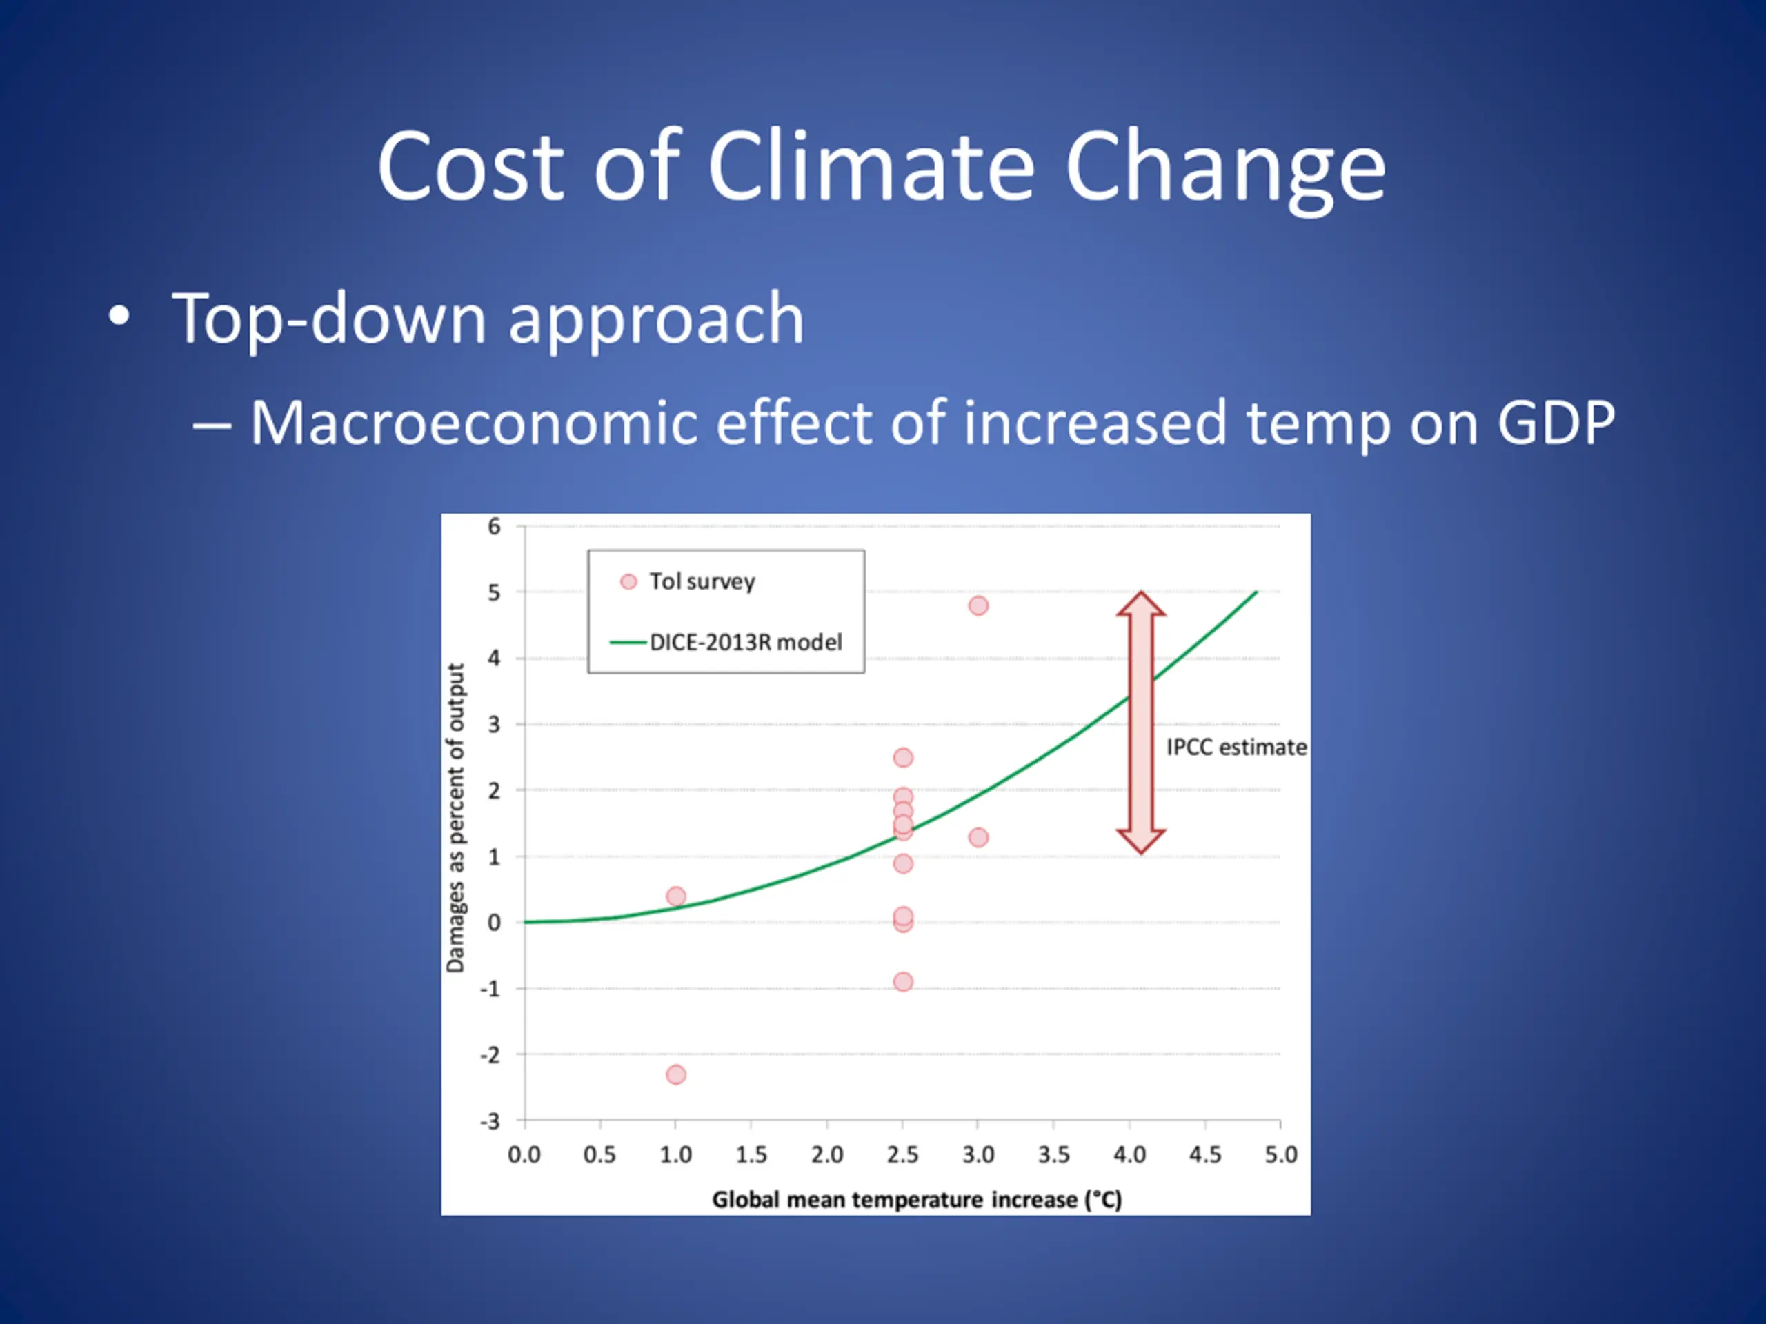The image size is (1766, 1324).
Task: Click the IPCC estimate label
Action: (1236, 747)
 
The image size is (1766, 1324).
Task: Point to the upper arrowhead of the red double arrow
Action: (1141, 605)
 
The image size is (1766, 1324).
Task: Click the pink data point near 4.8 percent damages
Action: (978, 605)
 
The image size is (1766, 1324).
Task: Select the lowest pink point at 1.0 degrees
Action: (675, 1074)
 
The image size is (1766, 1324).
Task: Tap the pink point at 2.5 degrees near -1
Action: (903, 982)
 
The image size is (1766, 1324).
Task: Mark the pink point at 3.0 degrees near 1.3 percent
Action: (978, 837)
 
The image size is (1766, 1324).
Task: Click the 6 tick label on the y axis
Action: (494, 527)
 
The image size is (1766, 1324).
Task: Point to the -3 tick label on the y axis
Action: (490, 1121)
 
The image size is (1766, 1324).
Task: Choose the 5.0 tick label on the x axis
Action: (1280, 1155)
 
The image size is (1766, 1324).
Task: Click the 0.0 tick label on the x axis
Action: (524, 1155)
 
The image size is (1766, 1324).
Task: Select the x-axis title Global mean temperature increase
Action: (917, 1199)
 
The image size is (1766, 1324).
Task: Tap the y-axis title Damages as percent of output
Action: (455, 817)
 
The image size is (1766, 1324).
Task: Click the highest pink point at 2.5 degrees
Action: (903, 757)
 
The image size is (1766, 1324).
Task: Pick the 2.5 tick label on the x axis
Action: (902, 1155)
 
